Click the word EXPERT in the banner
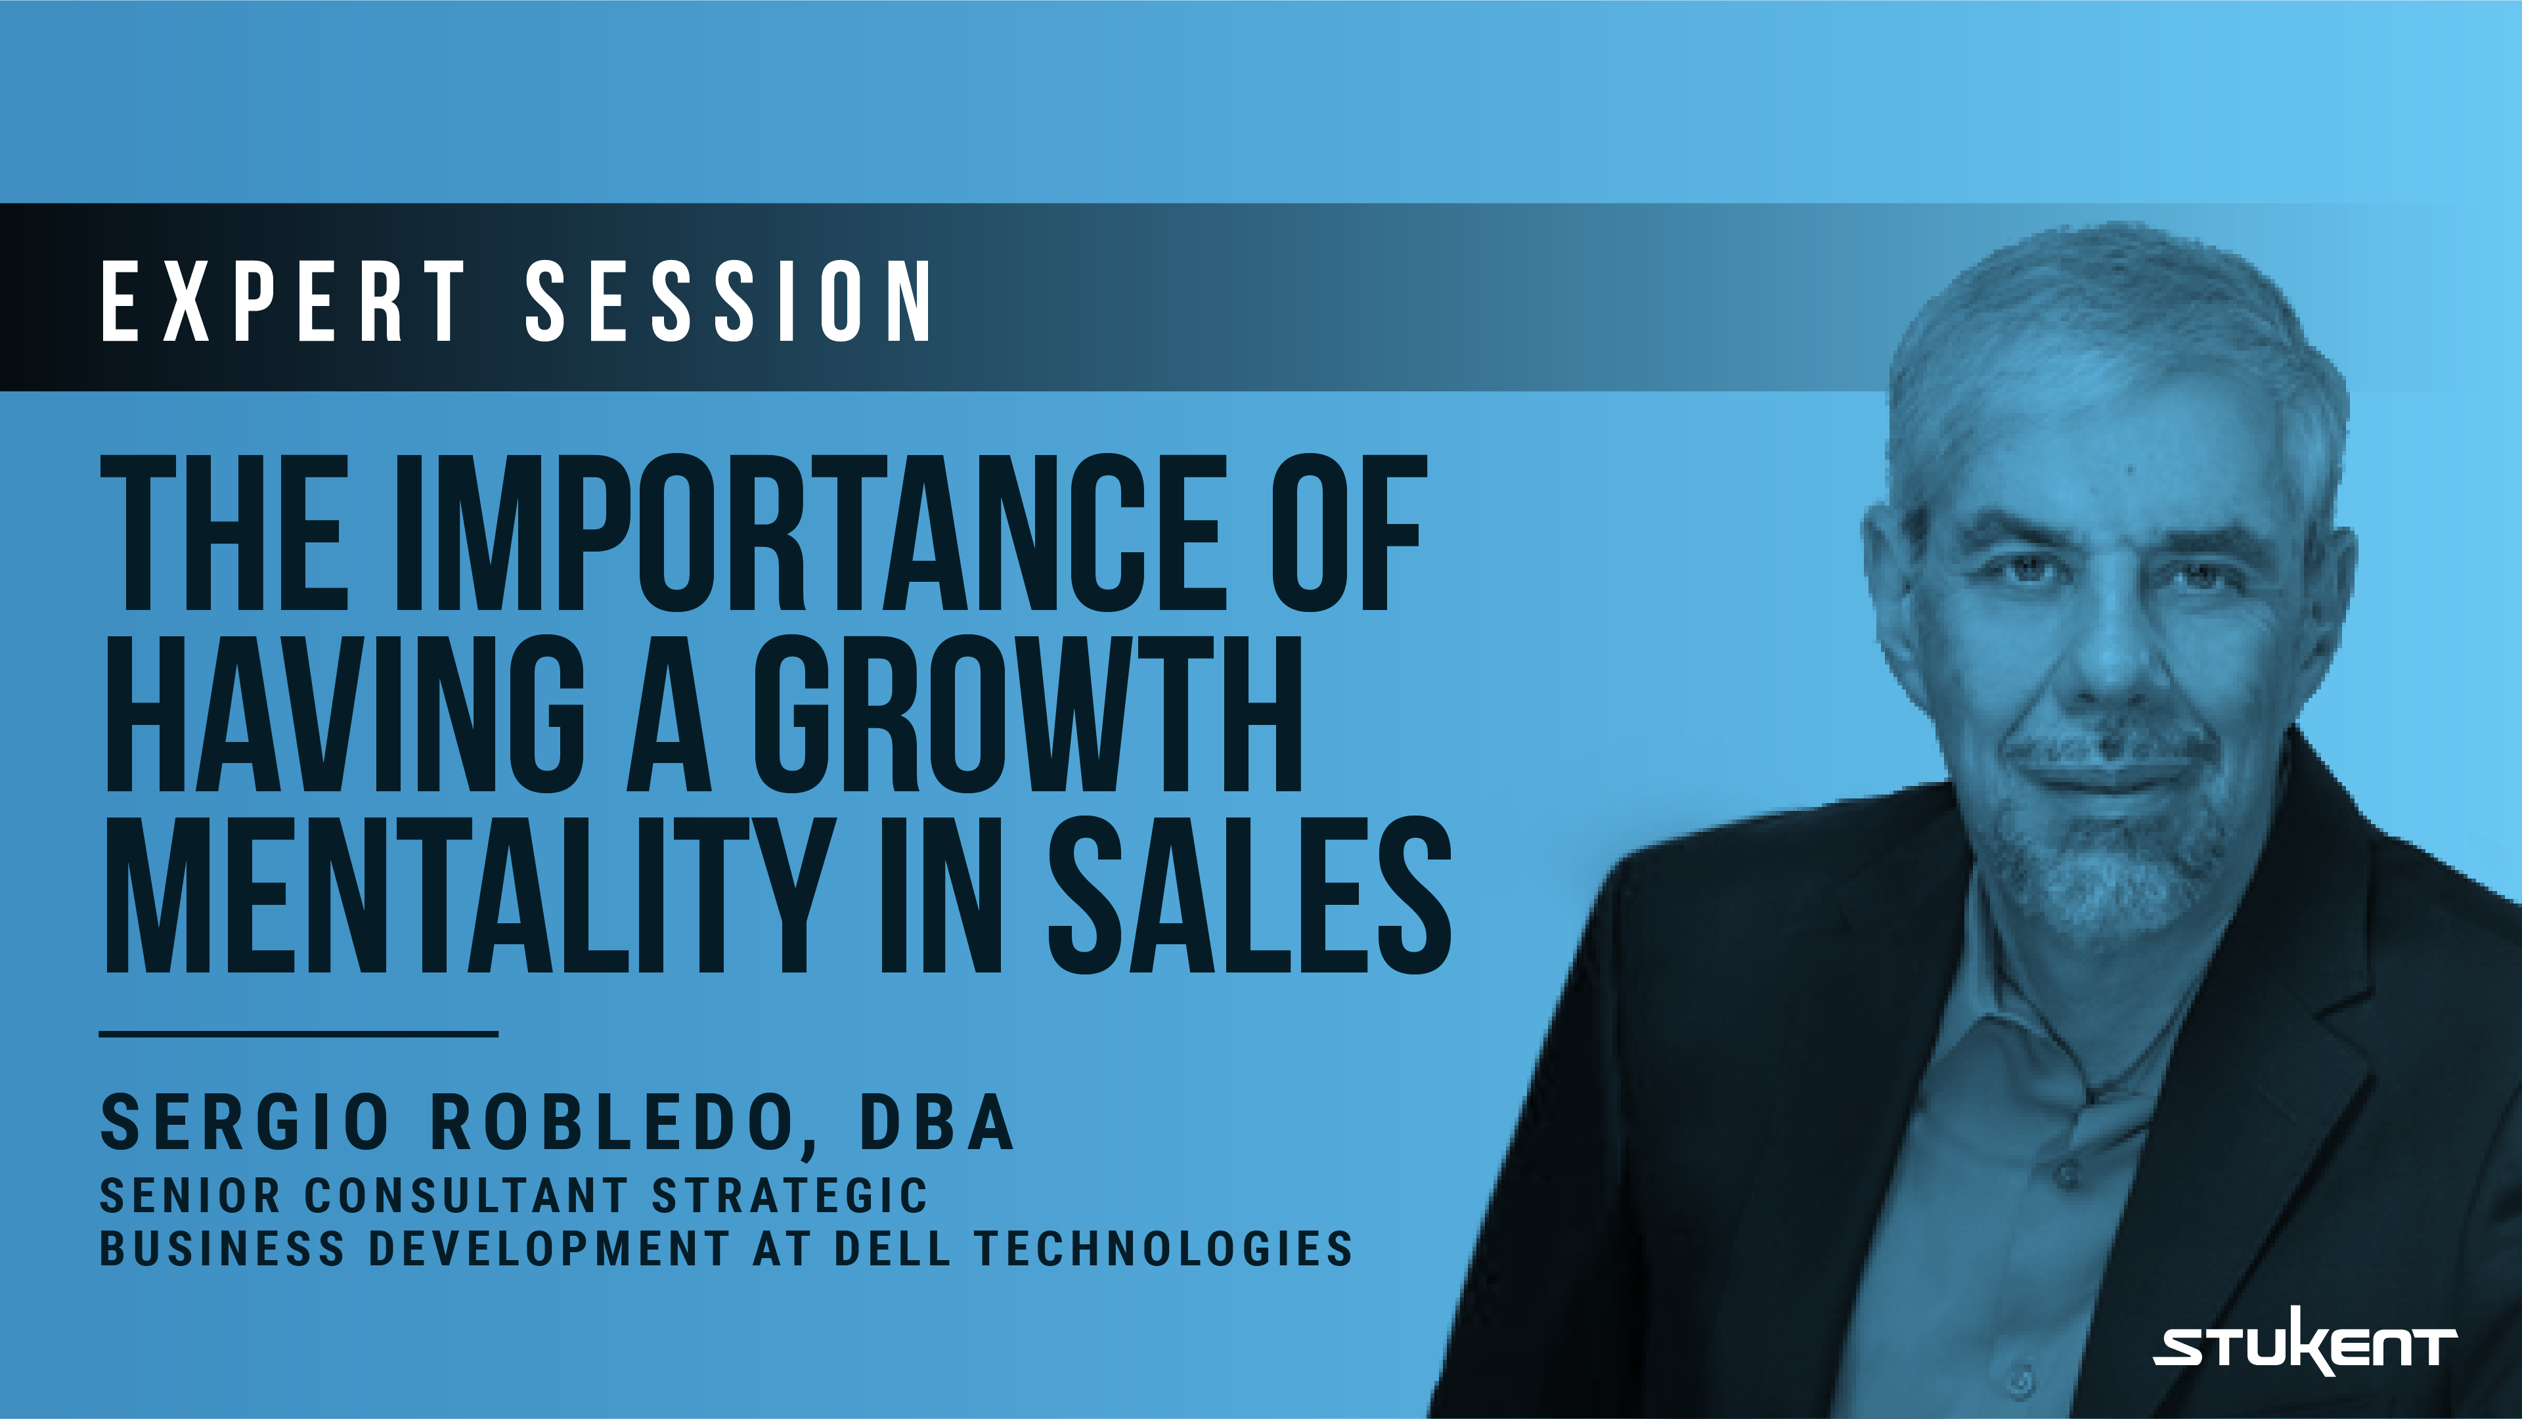[284, 301]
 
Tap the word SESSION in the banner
[730, 301]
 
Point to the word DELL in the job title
[892, 1249]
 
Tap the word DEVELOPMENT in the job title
[549, 1249]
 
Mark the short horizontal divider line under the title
[299, 1032]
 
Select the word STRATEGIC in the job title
[789, 1196]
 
